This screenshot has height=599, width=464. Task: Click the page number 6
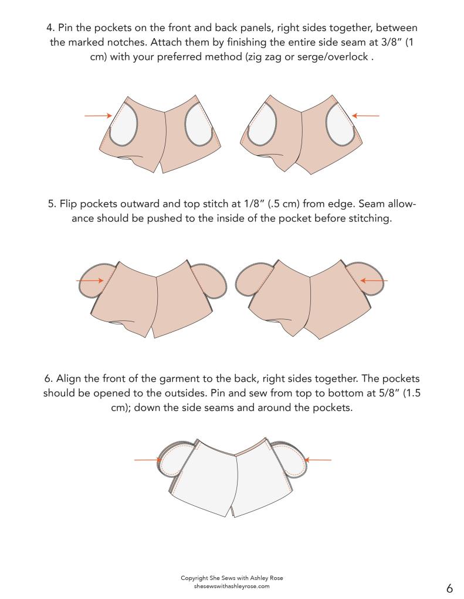point(449,587)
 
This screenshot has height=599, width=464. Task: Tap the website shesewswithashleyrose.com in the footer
point(232,586)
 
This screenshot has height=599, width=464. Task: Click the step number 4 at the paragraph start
point(49,28)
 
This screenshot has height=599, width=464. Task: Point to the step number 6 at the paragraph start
point(48,379)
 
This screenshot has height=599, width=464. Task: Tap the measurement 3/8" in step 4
point(391,42)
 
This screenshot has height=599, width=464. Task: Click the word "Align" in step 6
point(69,379)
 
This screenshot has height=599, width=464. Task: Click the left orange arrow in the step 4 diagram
point(99,115)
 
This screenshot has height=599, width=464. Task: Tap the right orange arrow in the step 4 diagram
point(365,115)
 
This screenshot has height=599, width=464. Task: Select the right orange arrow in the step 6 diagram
point(318,460)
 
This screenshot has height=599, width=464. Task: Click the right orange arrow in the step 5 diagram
point(374,281)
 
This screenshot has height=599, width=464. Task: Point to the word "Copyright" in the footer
point(195,578)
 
